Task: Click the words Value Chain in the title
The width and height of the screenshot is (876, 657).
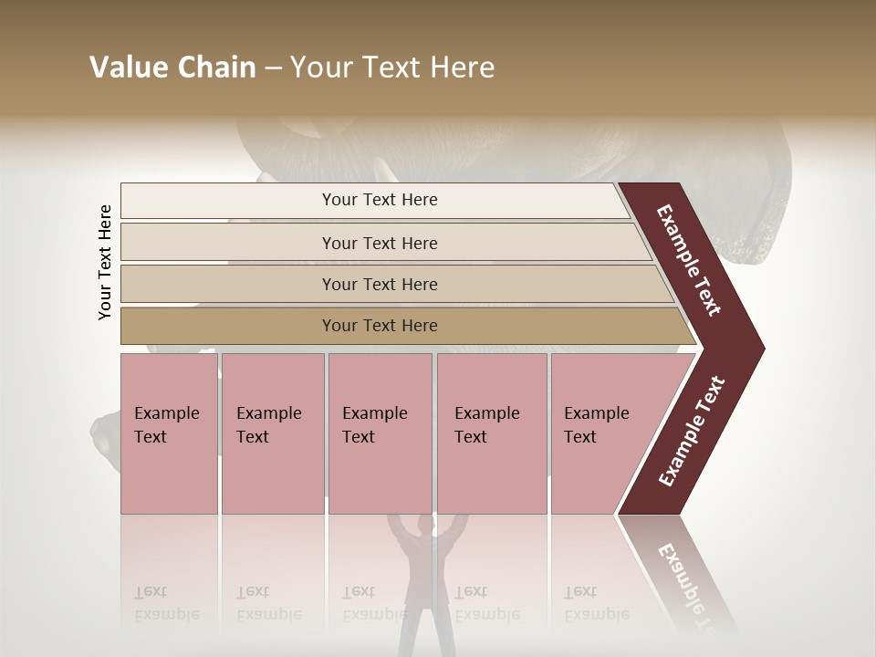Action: tap(172, 68)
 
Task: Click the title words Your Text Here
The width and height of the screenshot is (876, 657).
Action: tap(392, 68)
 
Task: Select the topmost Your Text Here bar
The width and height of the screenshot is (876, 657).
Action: tap(379, 200)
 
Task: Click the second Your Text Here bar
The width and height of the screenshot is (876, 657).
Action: tap(379, 243)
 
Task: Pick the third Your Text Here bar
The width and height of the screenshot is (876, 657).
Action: tap(379, 284)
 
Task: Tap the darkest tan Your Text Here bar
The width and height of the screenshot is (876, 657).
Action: tap(379, 326)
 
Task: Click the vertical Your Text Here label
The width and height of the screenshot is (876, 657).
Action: tap(105, 262)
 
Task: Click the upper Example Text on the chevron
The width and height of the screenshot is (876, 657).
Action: tap(690, 260)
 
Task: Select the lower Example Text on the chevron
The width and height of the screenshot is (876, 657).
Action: tap(692, 432)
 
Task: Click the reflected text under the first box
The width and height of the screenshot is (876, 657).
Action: tap(167, 603)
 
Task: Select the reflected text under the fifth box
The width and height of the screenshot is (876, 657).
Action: tap(597, 603)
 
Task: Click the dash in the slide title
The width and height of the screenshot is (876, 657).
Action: tap(273, 68)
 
